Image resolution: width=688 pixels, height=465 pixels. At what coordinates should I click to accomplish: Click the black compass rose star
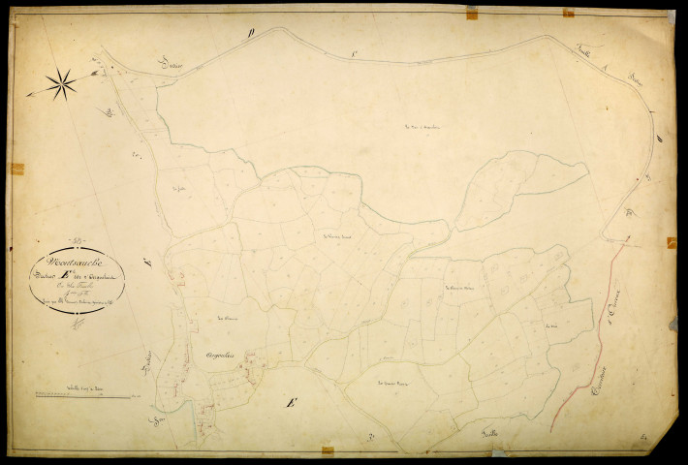pos(61,83)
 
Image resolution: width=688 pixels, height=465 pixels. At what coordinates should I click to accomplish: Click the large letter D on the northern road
pos(251,32)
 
